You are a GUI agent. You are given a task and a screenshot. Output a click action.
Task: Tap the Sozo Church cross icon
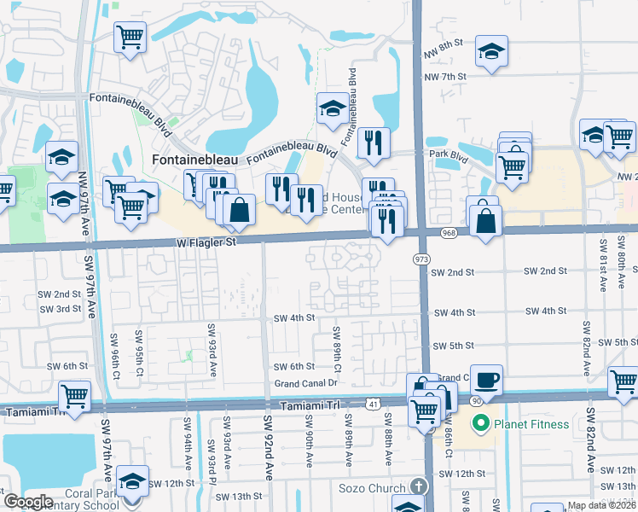(x=417, y=486)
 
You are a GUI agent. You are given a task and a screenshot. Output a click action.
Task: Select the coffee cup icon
(x=486, y=380)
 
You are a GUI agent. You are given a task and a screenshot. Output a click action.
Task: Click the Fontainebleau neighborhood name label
(x=194, y=160)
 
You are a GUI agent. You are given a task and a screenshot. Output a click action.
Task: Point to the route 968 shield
(x=449, y=232)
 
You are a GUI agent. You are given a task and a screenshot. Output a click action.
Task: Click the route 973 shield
(x=421, y=258)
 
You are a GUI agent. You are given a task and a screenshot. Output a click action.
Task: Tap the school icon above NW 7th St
(x=492, y=51)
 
